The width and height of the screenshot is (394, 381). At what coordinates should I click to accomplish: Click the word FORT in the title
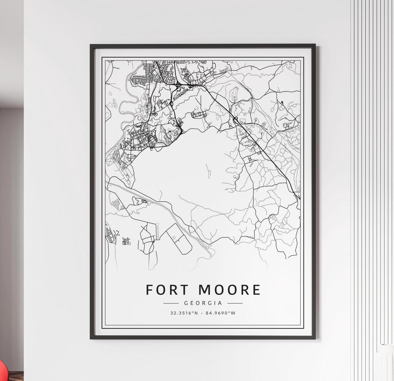[167, 290]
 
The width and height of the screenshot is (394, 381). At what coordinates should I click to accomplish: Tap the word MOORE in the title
[230, 290]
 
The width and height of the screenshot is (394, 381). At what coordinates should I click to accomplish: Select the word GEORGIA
[203, 303]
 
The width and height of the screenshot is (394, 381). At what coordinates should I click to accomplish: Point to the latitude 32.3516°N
[184, 313]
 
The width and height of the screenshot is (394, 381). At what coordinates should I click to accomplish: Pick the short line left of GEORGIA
[171, 303]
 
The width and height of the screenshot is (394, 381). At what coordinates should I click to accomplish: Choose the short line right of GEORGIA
[235, 303]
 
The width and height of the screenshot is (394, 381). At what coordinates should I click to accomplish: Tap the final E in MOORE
[256, 290]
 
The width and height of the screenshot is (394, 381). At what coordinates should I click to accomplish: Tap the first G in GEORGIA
[186, 303]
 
